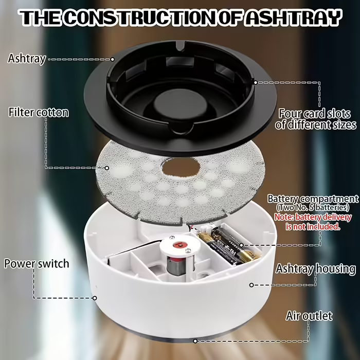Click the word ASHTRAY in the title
[x=293, y=17]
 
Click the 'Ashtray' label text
[x=27, y=59]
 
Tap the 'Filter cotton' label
[x=39, y=113]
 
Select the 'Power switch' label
[x=37, y=263]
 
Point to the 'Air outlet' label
[x=309, y=316]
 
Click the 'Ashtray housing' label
[x=316, y=269]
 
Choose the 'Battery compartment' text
[x=313, y=199]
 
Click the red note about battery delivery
[x=313, y=222]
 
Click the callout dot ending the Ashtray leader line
[x=113, y=60]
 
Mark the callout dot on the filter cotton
[x=107, y=168]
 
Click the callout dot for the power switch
[x=95, y=298]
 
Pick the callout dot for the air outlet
[x=195, y=341]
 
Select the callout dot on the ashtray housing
[x=251, y=285]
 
